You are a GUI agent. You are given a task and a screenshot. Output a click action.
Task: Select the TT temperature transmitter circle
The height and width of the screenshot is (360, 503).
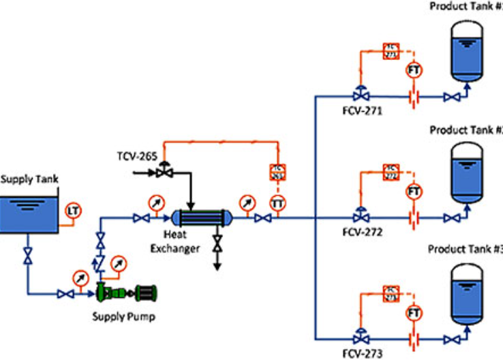pos(277,202)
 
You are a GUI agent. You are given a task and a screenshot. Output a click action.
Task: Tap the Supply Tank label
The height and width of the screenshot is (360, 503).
pos(29,179)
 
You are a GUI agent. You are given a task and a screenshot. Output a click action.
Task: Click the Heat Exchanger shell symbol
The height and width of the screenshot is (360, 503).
pos(202,218)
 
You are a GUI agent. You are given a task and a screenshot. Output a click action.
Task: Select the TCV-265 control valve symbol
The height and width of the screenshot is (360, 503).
pos(164,172)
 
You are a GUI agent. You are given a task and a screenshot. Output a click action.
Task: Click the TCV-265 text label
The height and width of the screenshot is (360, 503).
pos(137,155)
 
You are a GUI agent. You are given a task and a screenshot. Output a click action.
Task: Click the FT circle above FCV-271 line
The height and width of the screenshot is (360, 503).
pos(413,70)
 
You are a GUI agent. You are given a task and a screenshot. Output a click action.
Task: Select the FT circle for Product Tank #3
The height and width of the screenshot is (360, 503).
pos(413,313)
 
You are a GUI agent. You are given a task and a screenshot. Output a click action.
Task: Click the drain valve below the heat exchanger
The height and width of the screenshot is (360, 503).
pos(217,243)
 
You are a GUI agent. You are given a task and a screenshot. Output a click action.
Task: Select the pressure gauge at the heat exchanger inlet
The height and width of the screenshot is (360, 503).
pos(155,202)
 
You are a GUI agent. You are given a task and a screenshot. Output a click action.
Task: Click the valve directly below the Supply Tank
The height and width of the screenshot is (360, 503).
pos(27,257)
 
